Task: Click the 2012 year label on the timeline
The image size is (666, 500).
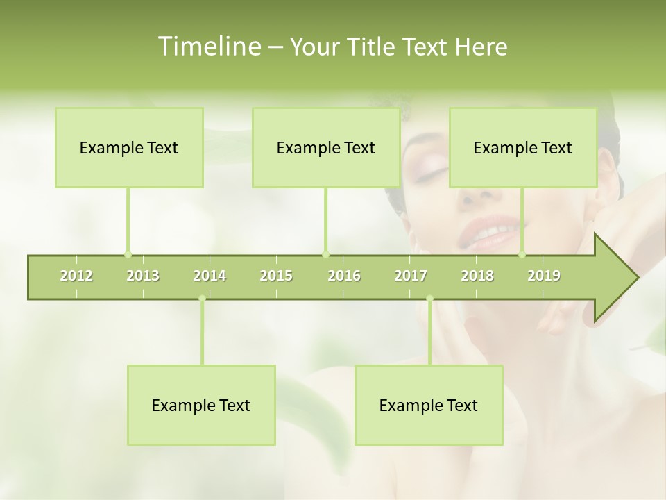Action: point(76,276)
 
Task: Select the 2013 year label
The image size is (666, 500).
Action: point(143,276)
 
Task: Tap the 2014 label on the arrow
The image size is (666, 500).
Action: point(210,276)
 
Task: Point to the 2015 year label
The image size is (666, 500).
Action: point(276,276)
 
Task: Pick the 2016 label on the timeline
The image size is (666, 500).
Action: point(344,276)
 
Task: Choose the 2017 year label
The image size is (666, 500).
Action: point(411,276)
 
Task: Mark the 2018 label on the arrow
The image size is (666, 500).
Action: point(477,276)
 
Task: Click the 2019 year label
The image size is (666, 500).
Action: point(544,276)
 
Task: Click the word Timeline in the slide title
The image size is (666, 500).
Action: point(208,47)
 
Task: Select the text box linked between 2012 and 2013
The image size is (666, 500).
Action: point(129,147)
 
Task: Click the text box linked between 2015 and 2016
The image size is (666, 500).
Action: point(326,147)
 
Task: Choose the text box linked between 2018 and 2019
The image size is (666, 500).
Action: point(523,147)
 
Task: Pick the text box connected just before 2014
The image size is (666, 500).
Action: point(201,405)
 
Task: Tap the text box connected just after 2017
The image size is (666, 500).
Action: point(429,405)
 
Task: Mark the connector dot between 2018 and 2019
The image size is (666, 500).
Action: point(522,254)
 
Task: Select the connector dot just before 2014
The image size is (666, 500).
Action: point(202,299)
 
